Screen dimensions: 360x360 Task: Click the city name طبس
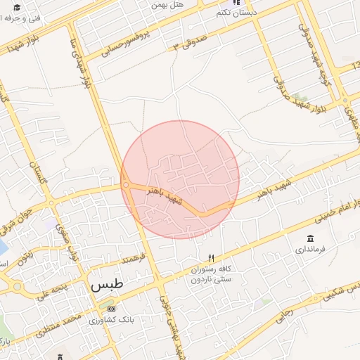[107, 285]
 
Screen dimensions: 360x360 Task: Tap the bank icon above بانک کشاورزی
[110, 309]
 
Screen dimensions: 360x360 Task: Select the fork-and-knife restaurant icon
[210, 258]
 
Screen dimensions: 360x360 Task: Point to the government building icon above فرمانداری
[310, 239]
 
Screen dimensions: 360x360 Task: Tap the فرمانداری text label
[310, 250]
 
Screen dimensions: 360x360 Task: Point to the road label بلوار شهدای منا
[79, 64]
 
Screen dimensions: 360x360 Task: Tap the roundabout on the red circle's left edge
[125, 185]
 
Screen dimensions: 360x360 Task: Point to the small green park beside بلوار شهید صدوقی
[301, 96]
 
